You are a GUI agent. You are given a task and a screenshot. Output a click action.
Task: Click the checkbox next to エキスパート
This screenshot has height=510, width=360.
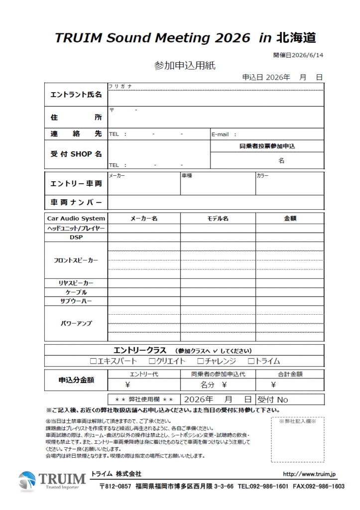[93, 361]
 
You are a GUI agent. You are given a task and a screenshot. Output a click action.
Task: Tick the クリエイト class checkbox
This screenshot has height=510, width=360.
[152, 361]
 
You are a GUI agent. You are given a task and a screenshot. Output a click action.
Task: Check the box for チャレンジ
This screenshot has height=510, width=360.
[200, 361]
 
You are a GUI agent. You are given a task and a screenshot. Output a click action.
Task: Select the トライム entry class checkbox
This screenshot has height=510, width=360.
[251, 361]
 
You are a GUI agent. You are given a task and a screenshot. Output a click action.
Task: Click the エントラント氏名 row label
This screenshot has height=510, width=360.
[76, 95]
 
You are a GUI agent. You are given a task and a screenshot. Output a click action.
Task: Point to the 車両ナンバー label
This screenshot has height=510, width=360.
[76, 202]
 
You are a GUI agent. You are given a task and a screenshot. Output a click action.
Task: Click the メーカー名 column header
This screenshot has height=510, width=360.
[144, 218]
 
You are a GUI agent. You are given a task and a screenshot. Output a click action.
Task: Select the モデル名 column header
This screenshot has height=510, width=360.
[218, 218]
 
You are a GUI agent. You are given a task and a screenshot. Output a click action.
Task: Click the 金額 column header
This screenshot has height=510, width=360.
[290, 218]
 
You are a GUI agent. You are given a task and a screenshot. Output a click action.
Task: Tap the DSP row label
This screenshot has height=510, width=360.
[76, 238]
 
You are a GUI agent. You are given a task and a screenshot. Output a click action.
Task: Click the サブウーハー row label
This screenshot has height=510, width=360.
[76, 301]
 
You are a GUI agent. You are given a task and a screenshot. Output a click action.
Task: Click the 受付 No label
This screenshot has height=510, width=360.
[273, 399]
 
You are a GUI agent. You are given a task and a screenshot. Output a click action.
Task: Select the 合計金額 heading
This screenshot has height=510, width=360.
[290, 374]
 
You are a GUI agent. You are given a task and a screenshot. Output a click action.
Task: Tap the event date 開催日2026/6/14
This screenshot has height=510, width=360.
[298, 55]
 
